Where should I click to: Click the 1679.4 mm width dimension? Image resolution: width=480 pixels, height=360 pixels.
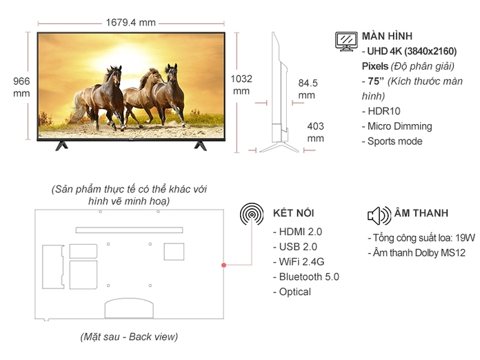click(131, 21)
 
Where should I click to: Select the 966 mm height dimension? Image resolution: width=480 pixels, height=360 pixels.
click(21, 86)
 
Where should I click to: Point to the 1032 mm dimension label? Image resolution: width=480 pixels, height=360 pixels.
click(241, 84)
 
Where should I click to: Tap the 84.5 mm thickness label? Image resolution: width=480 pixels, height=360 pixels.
click(307, 89)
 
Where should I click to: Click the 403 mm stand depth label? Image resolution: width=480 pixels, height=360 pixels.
click(314, 132)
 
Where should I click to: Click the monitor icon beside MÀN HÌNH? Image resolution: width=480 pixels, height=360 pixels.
click(346, 40)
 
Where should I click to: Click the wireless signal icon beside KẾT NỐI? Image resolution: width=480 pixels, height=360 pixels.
click(252, 214)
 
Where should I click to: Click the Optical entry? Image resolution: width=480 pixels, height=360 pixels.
click(294, 292)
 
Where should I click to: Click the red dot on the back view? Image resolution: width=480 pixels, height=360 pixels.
click(223, 266)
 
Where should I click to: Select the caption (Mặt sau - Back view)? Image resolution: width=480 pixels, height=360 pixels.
click(129, 337)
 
